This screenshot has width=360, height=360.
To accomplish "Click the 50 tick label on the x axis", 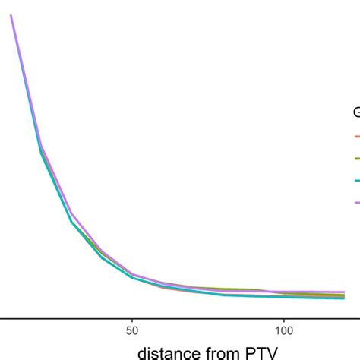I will pos(132,331).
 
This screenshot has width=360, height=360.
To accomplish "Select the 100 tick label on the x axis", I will pos(284,331).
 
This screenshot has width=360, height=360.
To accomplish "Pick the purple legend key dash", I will pos(356,202).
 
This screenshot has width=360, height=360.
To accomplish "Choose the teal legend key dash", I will pos(356,181).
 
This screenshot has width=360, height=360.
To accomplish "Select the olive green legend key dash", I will pos(356,159).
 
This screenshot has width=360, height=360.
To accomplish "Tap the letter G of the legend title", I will pos(356,113).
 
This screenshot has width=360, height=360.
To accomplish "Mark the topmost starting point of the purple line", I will pos(11,16).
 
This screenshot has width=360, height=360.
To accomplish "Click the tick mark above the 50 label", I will pos(132,321).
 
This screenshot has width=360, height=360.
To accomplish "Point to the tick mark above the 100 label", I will pos(284,321).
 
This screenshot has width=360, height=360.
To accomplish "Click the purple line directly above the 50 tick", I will pos(132,274).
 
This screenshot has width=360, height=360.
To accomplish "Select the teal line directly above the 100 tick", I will pos(284,297).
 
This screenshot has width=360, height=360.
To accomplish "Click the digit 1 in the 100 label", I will pos(276,331).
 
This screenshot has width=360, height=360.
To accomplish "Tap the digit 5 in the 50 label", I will pos(128,331).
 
